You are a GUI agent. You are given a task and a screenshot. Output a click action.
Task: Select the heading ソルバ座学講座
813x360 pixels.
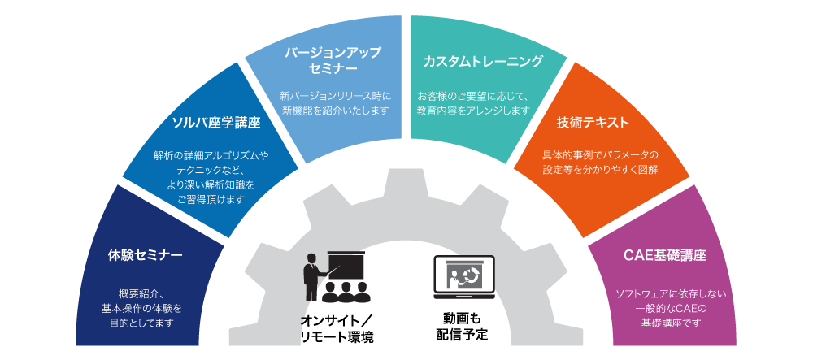pos(215,123)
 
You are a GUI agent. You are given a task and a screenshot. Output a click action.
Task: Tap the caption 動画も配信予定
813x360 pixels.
pos(463,324)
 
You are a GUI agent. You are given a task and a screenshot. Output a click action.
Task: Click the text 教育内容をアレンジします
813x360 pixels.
pos(474,110)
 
